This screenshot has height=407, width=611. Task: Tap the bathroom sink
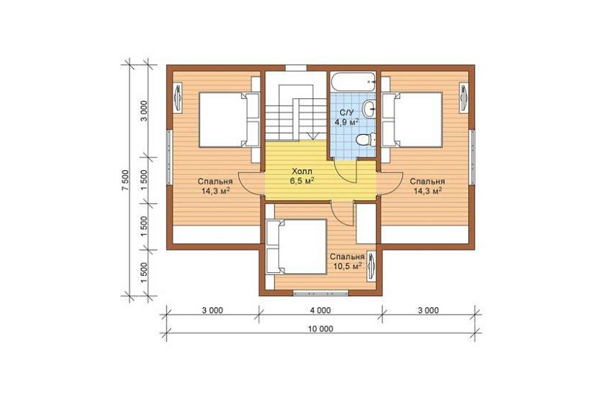pyautogui.click(x=369, y=109)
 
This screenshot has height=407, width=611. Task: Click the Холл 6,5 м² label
pyautogui.click(x=301, y=176)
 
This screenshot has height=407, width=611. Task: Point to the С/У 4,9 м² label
pyautogui.click(x=347, y=117)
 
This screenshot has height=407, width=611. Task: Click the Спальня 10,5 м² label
pyautogui.click(x=347, y=262)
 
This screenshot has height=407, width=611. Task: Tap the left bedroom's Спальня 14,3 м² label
pyautogui.click(x=215, y=186)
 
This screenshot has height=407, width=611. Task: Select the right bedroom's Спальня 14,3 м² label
pyautogui.click(x=427, y=186)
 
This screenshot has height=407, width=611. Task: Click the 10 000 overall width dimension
pyautogui.click(x=321, y=329)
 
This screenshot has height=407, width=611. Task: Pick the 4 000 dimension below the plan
pyautogui.click(x=321, y=310)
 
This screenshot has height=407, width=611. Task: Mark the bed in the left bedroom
pyautogui.click(x=229, y=120)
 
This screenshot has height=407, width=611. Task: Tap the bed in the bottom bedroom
pyautogui.click(x=296, y=247)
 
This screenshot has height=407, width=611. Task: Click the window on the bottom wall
pyautogui.click(x=321, y=293)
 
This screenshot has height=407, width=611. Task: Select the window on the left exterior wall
pyautogui.click(x=169, y=157)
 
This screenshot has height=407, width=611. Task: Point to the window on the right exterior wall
pyautogui.click(x=472, y=157)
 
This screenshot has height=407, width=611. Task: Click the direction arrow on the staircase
pyautogui.click(x=313, y=135)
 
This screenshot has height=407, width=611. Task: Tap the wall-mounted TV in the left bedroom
pyautogui.click(x=178, y=98)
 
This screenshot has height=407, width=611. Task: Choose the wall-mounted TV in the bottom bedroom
pyautogui.click(x=370, y=266)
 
